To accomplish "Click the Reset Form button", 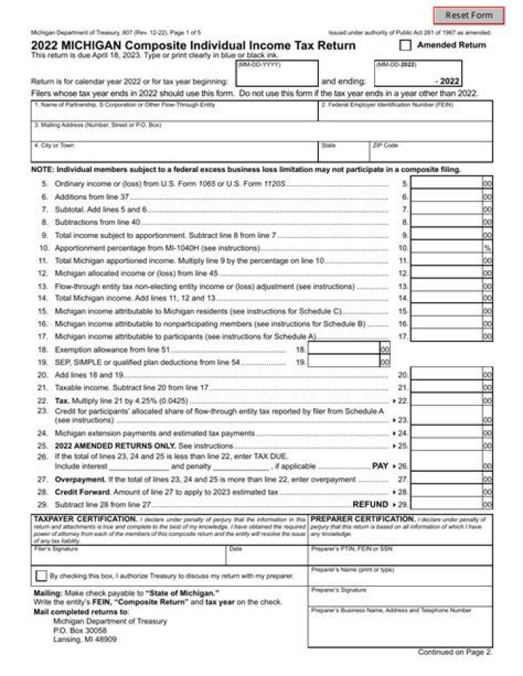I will tap(469, 15).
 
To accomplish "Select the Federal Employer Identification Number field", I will tap(405, 113).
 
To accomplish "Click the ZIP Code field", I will tap(431, 154).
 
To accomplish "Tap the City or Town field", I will tap(174, 154).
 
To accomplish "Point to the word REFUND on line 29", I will tap(370, 504).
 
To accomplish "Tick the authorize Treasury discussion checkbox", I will tap(41, 576).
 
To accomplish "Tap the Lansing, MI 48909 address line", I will tap(85, 640).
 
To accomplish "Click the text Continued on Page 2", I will tap(455, 652).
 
